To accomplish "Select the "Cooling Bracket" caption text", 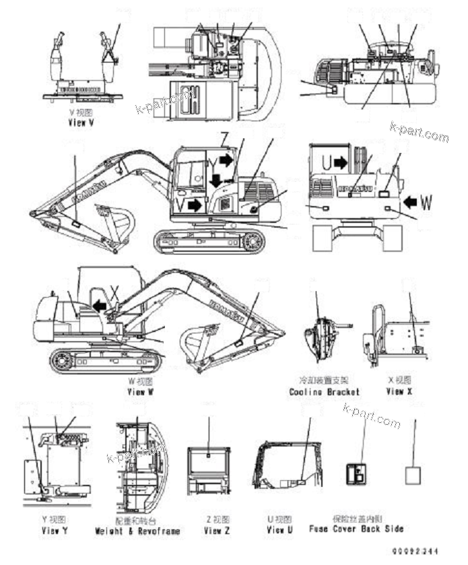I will pos(324,391).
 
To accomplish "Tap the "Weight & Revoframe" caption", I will pos(137,531).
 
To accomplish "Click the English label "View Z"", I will pos(217,531).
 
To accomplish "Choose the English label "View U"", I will pos(279,531).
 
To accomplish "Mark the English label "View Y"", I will pos(55,531).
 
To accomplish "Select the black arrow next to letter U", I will pos(340,162).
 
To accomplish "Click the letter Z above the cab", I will pos(224,139).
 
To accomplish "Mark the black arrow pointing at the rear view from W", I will pos(407,201).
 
